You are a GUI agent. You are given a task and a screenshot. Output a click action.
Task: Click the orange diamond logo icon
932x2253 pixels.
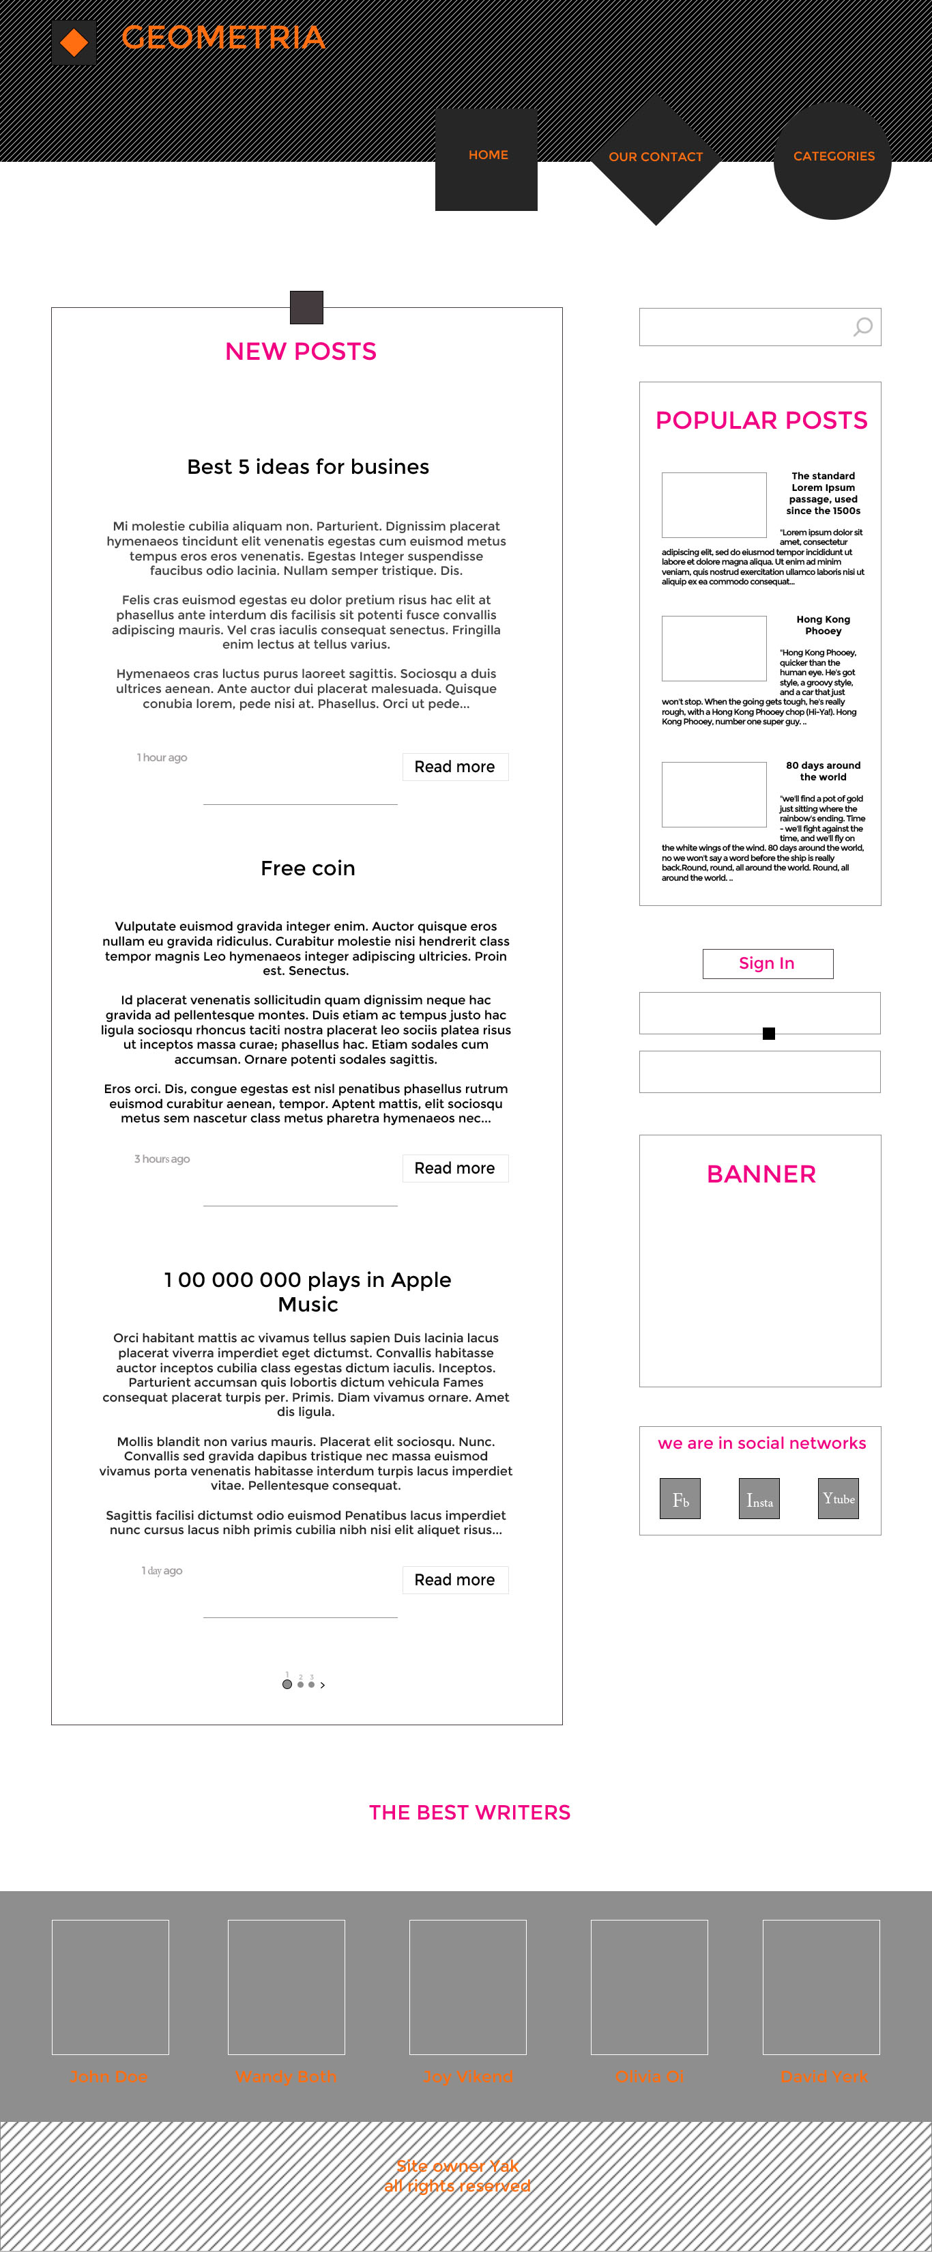pyautogui.click(x=74, y=42)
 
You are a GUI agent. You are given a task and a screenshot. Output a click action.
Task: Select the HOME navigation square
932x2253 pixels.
pyautogui.click(x=487, y=158)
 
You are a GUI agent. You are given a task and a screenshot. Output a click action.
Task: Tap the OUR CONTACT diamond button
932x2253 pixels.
pyautogui.click(x=656, y=158)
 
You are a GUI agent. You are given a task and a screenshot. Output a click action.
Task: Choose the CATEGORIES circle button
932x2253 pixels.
pyautogui.click(x=832, y=160)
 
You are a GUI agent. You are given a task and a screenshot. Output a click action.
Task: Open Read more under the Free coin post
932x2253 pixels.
pyautogui.click(x=454, y=1168)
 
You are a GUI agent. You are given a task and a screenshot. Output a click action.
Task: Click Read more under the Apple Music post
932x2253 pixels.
pyautogui.click(x=454, y=1581)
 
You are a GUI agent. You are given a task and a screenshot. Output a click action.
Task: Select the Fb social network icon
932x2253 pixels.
pyautogui.click(x=680, y=1499)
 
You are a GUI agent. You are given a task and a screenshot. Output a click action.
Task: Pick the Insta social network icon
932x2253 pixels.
pyautogui.click(x=759, y=1499)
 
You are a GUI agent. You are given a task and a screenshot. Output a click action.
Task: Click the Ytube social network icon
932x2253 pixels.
pyautogui.click(x=839, y=1499)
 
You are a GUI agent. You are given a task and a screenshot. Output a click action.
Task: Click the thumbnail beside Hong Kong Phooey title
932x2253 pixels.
pyautogui.click(x=714, y=648)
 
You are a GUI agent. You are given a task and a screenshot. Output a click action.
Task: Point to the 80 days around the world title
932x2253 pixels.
pyautogui.click(x=823, y=771)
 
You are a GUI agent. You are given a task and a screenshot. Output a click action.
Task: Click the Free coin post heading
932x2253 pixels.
pyautogui.click(x=308, y=868)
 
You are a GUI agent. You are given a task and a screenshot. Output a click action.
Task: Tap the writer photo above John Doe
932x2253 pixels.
pyautogui.click(x=110, y=1986)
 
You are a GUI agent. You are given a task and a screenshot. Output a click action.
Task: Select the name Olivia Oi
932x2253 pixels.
pyautogui.click(x=650, y=2076)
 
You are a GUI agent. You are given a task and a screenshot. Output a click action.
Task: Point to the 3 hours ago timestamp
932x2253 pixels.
pyautogui.click(x=162, y=1159)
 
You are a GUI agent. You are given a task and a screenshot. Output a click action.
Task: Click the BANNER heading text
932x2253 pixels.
pyautogui.click(x=761, y=1174)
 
